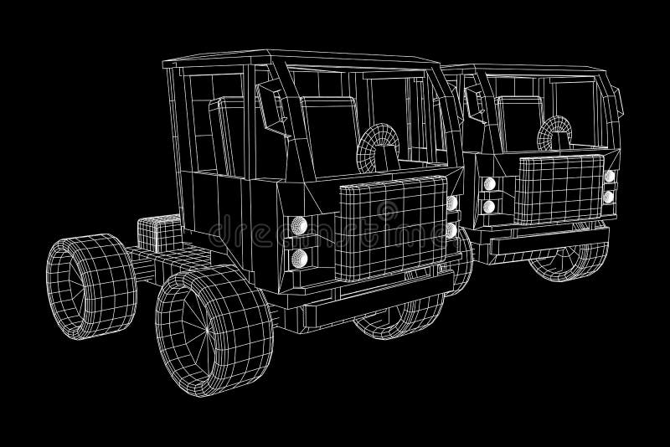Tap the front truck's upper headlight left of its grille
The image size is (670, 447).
click(297, 224)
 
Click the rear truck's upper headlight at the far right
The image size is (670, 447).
click(610, 176)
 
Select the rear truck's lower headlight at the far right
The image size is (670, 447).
click(609, 198)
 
